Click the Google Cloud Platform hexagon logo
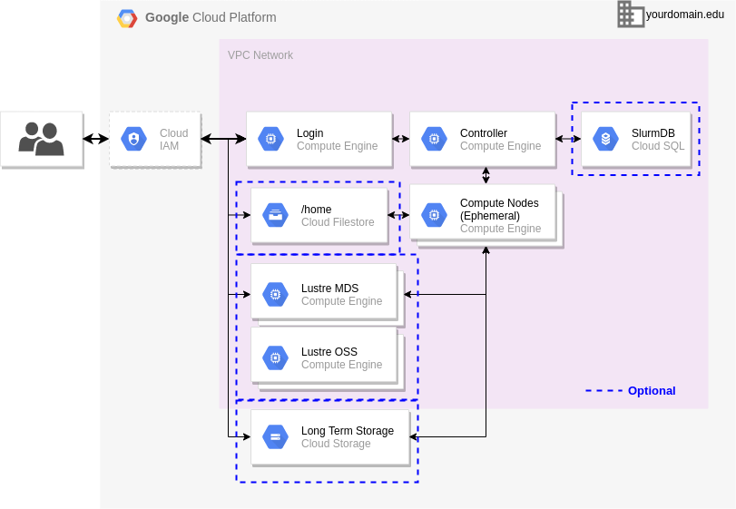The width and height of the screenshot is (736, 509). point(127,18)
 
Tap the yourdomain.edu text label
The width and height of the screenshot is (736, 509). point(685,15)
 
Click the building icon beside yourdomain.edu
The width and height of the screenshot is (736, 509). point(630,15)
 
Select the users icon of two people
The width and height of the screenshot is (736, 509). point(41,139)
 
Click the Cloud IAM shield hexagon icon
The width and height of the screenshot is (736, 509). point(134,139)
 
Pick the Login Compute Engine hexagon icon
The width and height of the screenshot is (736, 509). point(270,139)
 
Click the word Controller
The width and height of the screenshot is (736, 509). point(484,133)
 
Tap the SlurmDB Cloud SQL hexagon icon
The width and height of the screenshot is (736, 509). point(605,139)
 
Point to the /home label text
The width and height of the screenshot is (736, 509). point(317,210)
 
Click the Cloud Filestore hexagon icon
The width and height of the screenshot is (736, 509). point(274,215)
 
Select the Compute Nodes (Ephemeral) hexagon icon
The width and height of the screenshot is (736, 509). point(433,215)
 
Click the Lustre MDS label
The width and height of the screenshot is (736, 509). point(329,289)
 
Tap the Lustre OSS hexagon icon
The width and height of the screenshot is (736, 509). point(274,357)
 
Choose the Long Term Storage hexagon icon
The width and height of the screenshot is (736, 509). point(274,436)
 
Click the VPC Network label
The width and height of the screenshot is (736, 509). point(260,55)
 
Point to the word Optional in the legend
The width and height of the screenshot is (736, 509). point(652,391)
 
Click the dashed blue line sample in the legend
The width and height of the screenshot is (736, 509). point(604,391)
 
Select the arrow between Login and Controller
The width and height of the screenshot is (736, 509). point(400,139)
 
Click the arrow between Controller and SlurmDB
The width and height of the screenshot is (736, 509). point(568,139)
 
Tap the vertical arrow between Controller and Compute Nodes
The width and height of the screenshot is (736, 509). point(486,175)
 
